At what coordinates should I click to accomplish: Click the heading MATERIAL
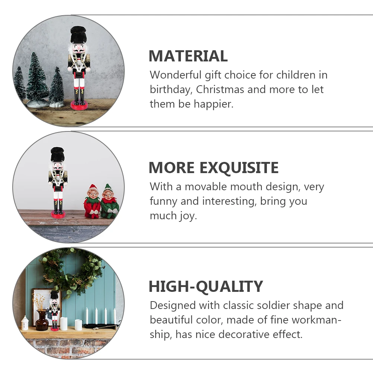pos(188,56)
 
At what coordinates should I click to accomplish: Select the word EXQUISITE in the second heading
pos(240,168)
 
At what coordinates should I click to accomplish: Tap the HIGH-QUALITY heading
pos(206,287)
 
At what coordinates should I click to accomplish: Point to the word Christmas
pos(220,90)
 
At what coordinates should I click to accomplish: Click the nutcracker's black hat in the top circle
pos(78,35)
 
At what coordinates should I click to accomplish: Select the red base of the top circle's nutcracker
pos(79,105)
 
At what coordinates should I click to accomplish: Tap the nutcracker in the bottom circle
pos(54,310)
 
